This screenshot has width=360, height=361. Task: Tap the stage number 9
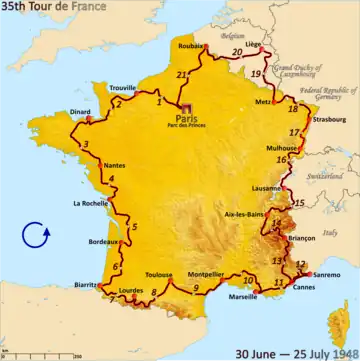pos(196,288)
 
